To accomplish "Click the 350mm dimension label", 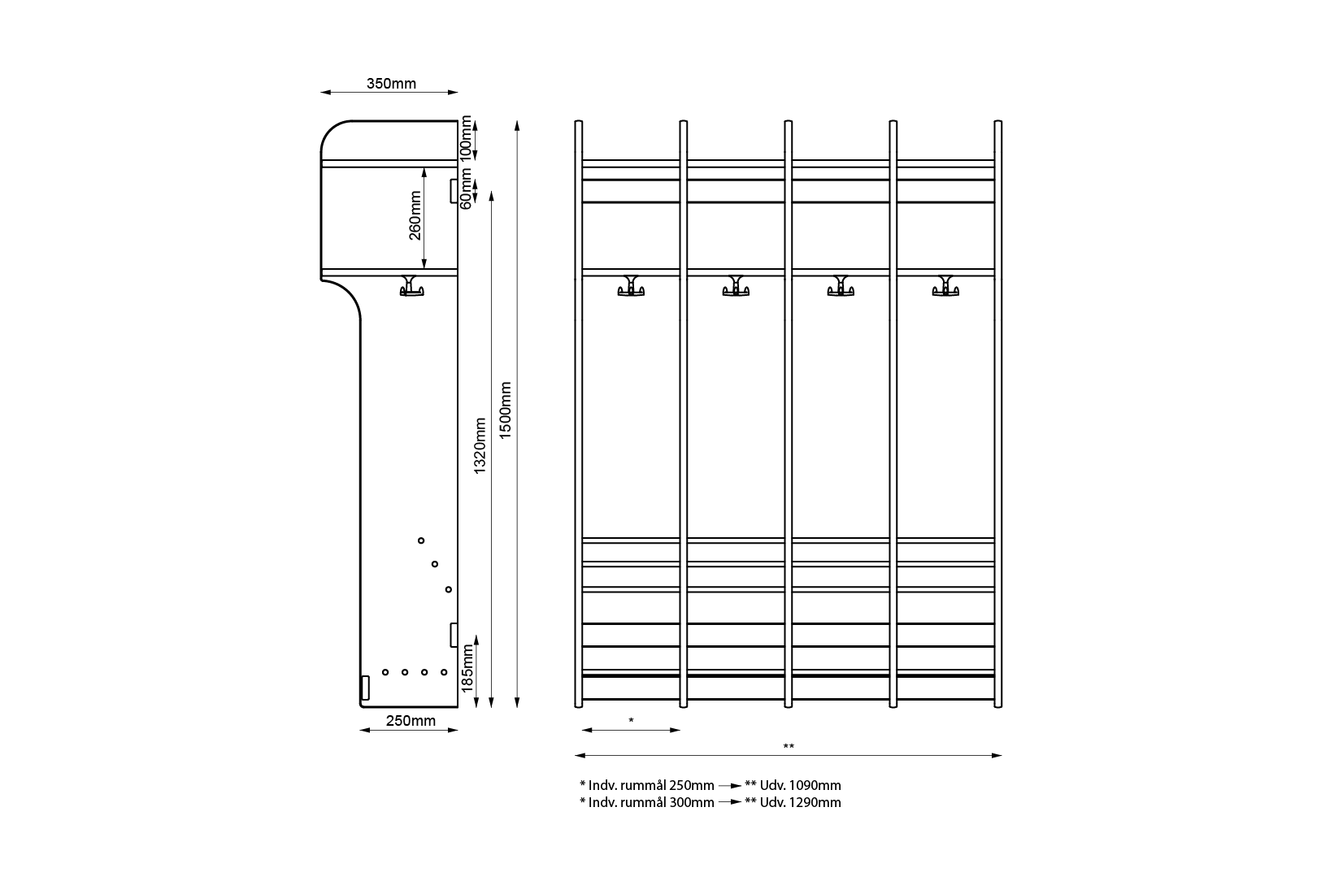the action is (391, 84).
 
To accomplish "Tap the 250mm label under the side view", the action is (411, 721).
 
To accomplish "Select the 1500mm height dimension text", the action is (506, 410).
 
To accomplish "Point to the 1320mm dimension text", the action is (480, 446).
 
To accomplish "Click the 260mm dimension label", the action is (415, 215).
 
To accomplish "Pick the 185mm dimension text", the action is (467, 668).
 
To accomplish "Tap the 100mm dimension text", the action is (466, 138).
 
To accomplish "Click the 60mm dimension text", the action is (466, 189).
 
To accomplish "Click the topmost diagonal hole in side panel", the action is (421, 540).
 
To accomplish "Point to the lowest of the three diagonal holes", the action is (448, 590).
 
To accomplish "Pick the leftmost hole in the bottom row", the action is (385, 672).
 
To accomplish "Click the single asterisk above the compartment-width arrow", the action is (631, 721).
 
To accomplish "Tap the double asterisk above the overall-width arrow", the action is (789, 747).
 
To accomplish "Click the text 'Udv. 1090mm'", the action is (800, 785).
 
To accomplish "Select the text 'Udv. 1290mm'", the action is (800, 802).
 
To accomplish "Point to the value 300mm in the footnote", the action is (692, 802).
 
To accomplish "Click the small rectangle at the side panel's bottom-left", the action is (365, 688).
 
